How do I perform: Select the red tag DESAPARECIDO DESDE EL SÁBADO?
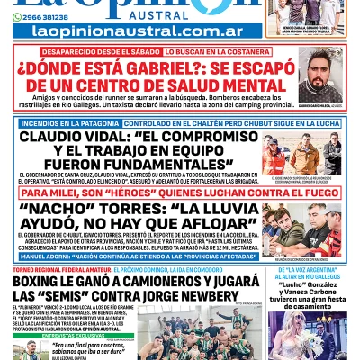[95, 52]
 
